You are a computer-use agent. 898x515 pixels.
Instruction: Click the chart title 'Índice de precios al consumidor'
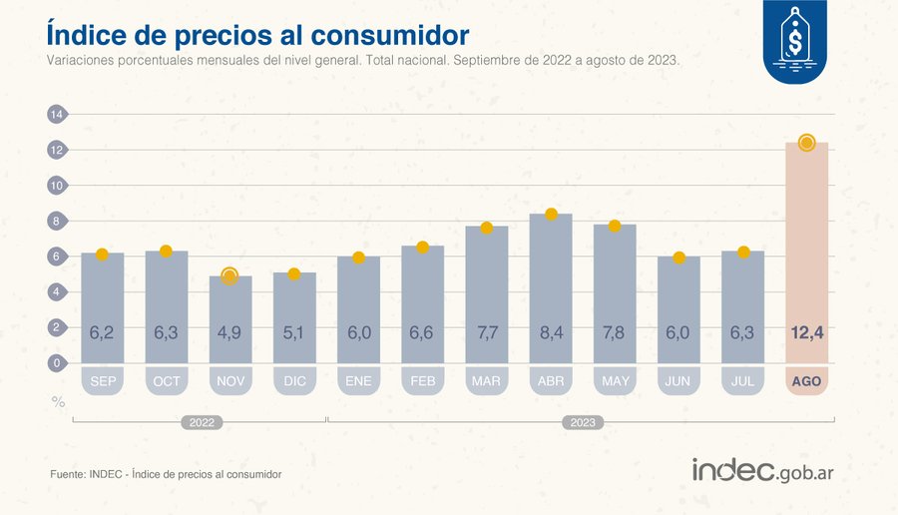click(x=257, y=34)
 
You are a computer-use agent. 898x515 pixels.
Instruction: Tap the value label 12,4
click(x=806, y=332)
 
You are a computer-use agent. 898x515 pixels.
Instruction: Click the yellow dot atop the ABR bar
click(x=551, y=215)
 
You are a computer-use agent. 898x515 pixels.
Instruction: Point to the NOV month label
click(x=229, y=381)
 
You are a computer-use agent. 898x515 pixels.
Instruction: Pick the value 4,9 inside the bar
click(x=229, y=332)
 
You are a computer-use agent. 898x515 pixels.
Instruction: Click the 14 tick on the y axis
click(x=57, y=115)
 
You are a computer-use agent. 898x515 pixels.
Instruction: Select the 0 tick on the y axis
click(x=57, y=363)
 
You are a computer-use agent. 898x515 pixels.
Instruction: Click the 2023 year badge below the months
click(x=584, y=423)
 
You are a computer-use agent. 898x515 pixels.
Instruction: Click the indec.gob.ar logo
click(x=762, y=471)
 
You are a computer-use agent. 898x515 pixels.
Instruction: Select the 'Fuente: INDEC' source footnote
click(x=166, y=474)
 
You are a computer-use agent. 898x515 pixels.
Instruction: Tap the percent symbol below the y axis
click(x=58, y=402)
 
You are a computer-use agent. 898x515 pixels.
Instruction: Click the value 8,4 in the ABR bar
click(x=551, y=332)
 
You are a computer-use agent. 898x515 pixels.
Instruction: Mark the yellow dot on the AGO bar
click(x=806, y=143)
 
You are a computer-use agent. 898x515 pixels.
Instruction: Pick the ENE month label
click(x=358, y=381)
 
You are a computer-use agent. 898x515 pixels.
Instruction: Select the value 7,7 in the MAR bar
click(x=487, y=332)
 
